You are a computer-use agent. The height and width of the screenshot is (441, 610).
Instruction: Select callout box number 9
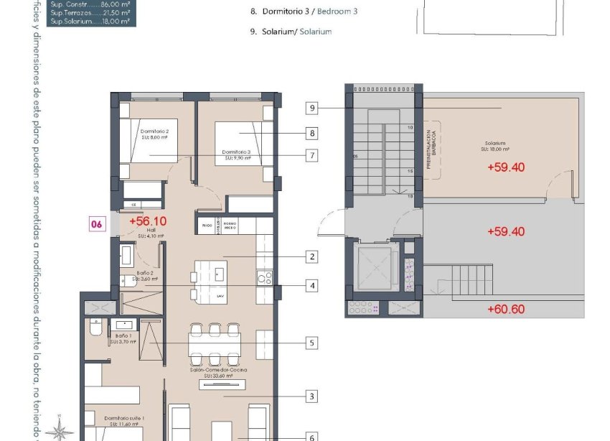pos(311,108)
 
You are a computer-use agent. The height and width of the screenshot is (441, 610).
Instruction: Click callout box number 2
pos(311,256)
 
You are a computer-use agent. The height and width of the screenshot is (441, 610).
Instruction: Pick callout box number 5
pos(311,343)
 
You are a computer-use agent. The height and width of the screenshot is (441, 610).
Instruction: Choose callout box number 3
pos(311,396)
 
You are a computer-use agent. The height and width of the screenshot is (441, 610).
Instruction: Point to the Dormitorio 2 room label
pos(154,131)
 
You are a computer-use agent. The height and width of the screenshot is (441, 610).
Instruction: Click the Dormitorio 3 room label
pos(236,152)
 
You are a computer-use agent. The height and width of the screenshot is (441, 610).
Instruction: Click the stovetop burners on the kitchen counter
pos(264,276)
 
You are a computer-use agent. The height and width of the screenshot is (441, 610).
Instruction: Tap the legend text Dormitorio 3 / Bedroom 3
pos(304,11)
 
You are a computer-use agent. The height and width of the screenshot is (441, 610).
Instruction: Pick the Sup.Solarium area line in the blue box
pos(90,22)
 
